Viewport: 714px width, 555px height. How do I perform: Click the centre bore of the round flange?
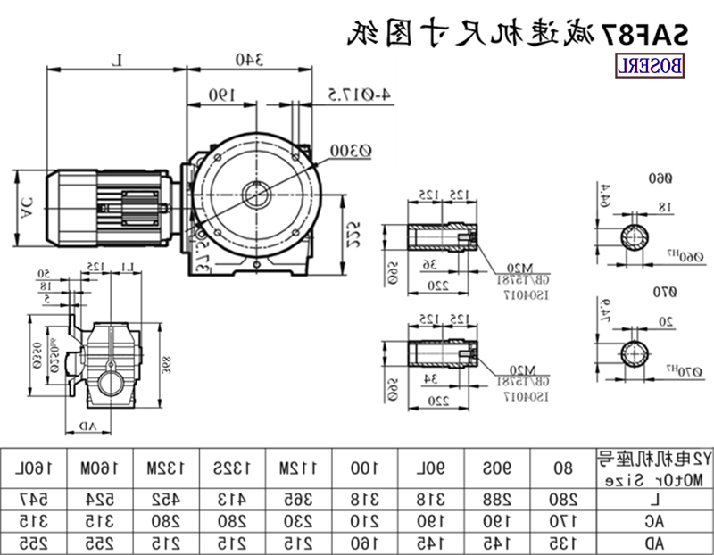coord(255,194)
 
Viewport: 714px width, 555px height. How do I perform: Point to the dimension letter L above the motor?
coord(118,61)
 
